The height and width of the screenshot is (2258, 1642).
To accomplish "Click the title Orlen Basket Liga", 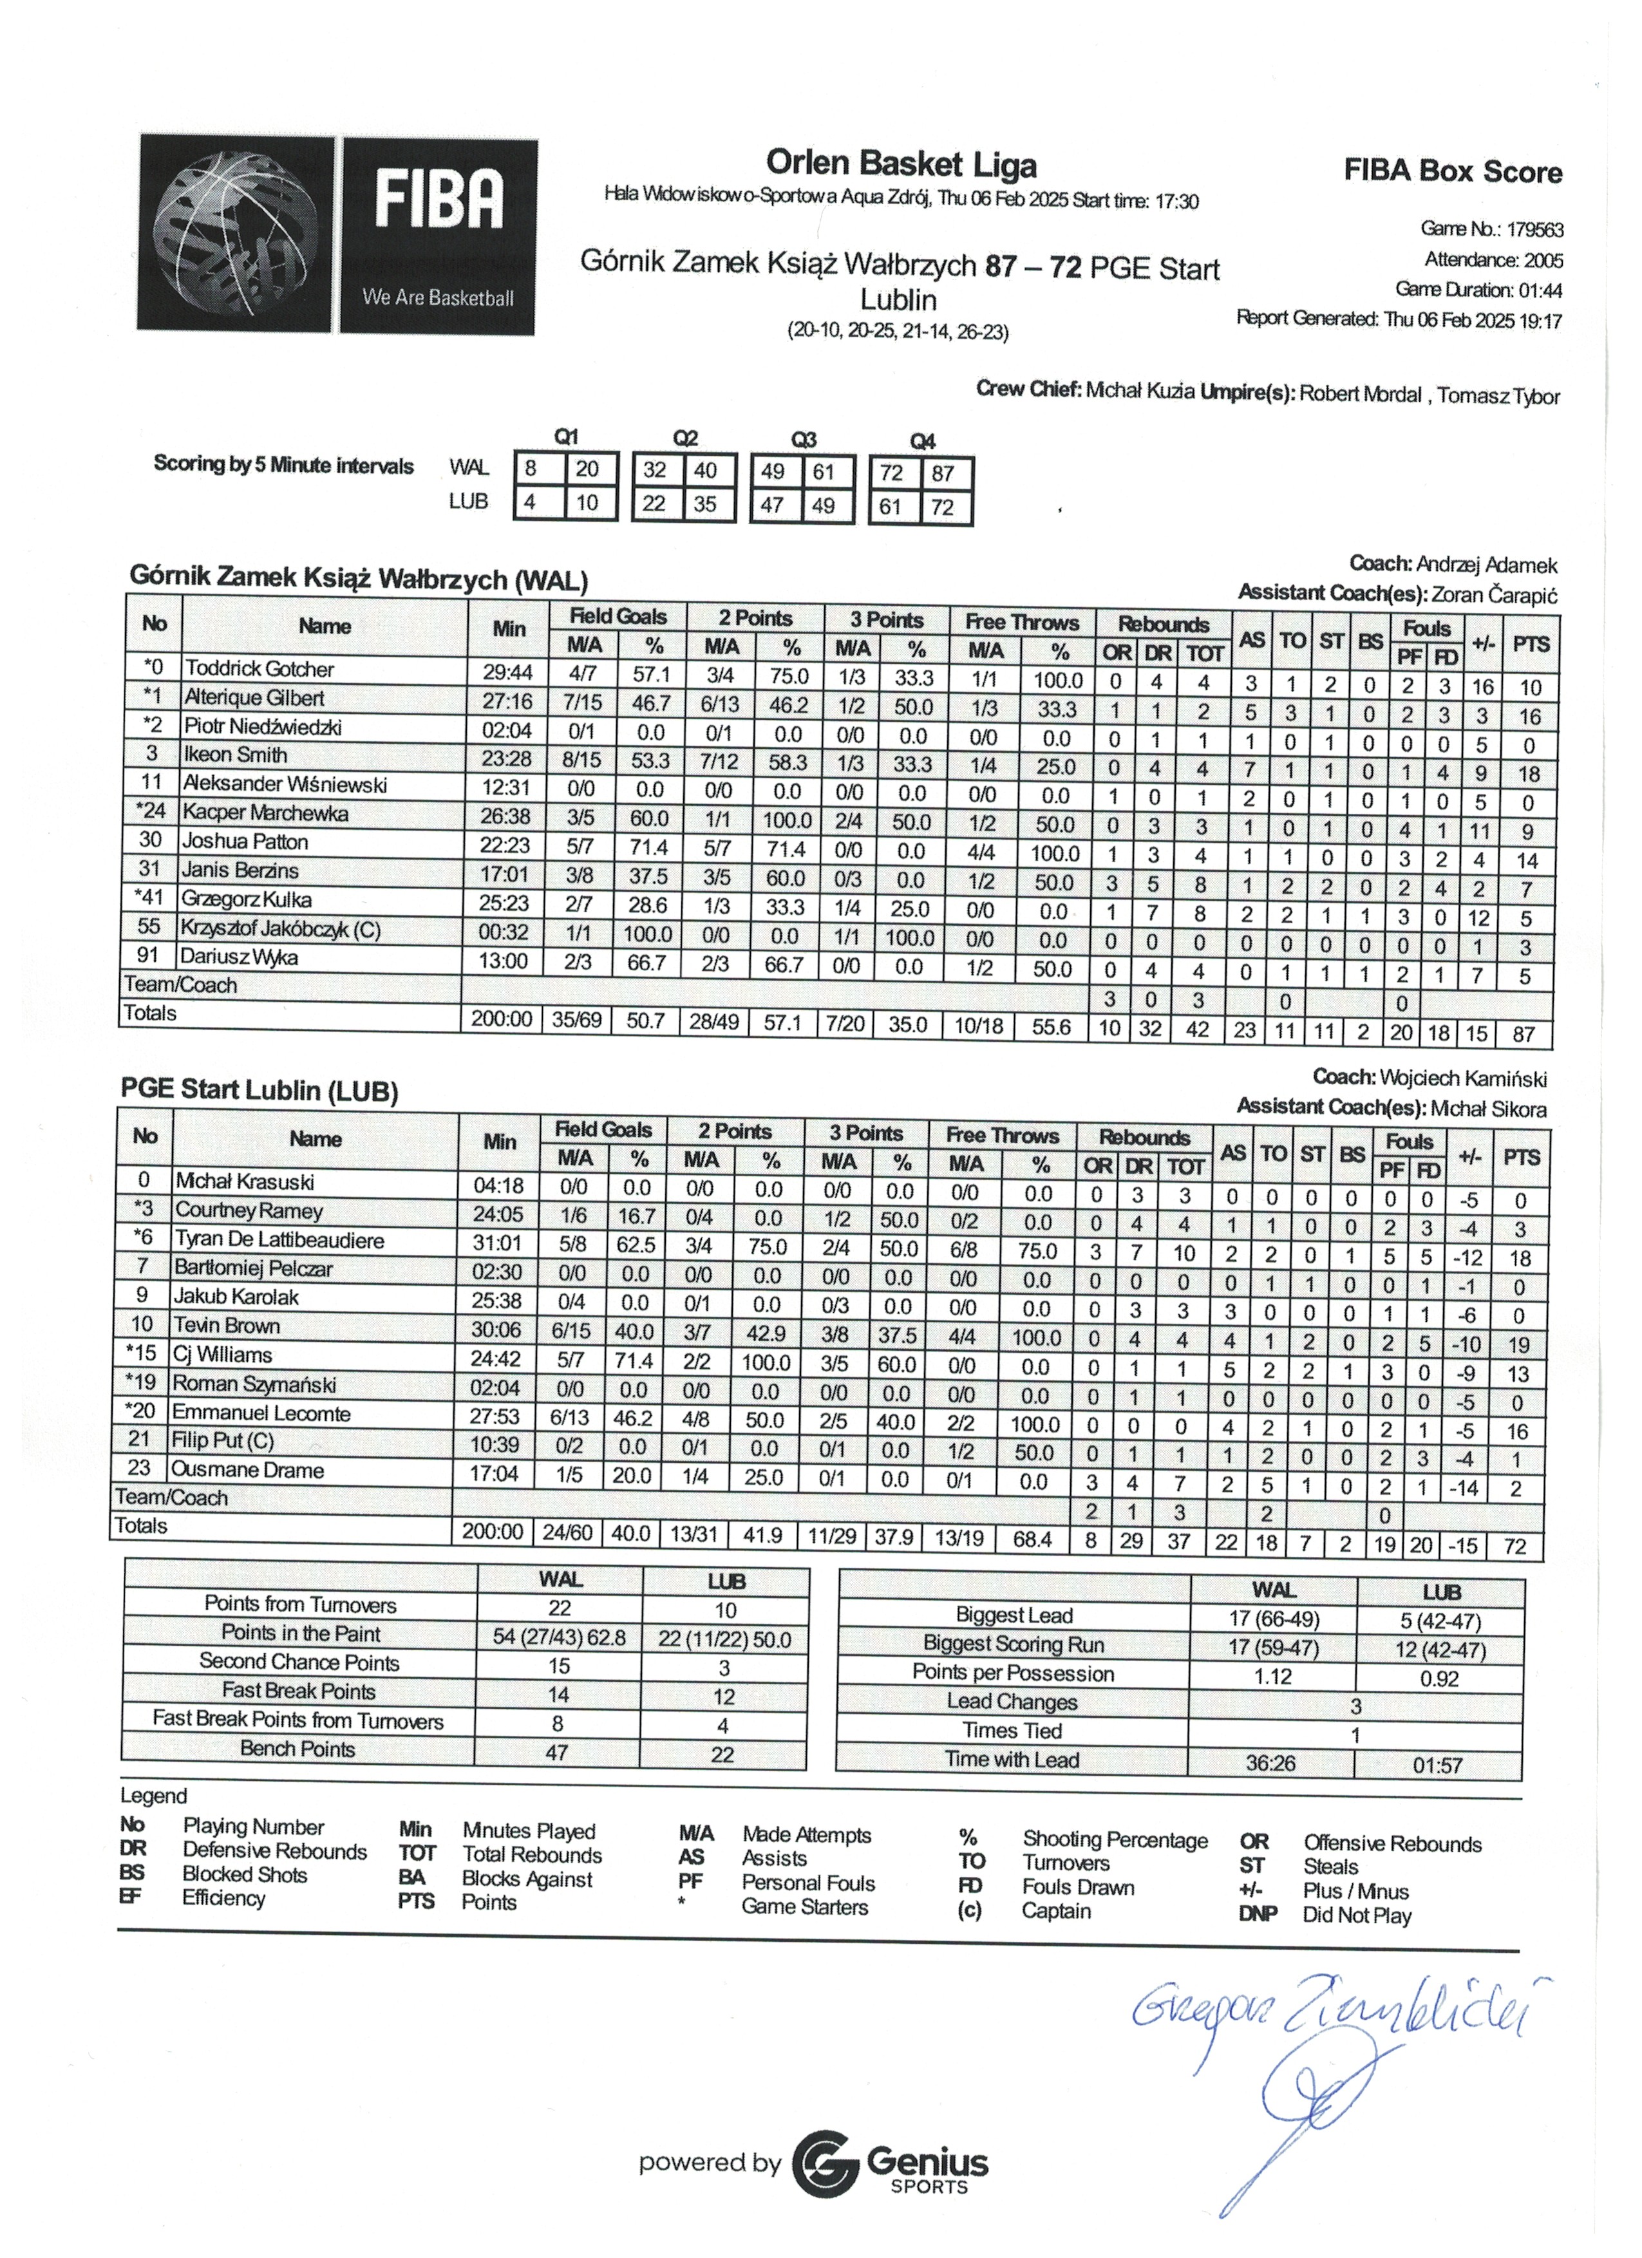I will pyautogui.click(x=900, y=164).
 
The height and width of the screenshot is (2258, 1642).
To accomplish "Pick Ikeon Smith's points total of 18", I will pyautogui.click(x=1529, y=773).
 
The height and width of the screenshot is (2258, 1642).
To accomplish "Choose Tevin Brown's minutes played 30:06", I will pyautogui.click(x=494, y=1330).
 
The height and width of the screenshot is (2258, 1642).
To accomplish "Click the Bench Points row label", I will pyautogui.click(x=297, y=1749).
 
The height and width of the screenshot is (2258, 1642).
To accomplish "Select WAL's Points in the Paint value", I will pyautogui.click(x=559, y=1638).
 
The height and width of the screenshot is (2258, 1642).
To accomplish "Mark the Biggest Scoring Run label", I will pyautogui.click(x=1013, y=1644).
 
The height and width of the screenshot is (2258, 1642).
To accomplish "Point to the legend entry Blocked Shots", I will pyautogui.click(x=244, y=1875).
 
